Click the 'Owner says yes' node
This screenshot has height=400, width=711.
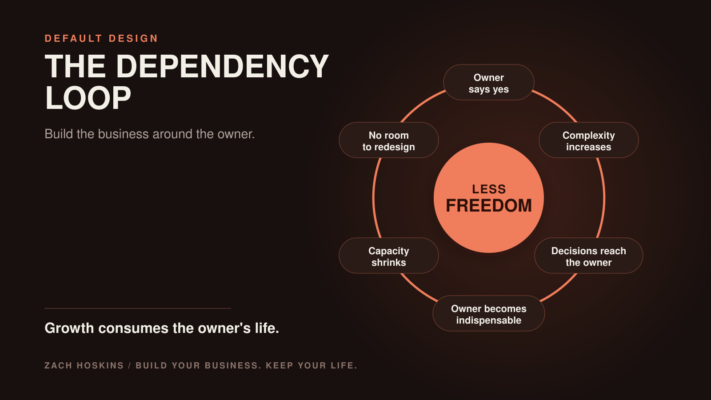coord(488,83)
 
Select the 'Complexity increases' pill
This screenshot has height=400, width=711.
coord(588,140)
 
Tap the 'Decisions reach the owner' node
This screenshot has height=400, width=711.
coord(588,256)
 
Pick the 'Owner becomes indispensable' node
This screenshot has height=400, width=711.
coord(488,313)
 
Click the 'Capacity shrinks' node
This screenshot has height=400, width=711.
coord(388,256)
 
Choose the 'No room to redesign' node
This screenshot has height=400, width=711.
coord(388,140)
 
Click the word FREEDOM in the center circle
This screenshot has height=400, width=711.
coord(489,206)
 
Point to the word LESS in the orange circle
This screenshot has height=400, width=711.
coord(489,189)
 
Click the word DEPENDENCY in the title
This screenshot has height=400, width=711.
coord(223,66)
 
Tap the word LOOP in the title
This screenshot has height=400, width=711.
coord(88,98)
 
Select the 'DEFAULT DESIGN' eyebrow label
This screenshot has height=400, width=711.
coord(101,38)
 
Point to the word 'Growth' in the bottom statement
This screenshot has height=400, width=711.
coord(69,328)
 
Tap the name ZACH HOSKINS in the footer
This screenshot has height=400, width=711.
coord(84,366)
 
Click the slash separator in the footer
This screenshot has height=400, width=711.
coord(129,366)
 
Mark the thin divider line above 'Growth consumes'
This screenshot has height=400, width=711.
coord(138,308)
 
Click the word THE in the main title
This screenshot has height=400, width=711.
coord(75,66)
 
